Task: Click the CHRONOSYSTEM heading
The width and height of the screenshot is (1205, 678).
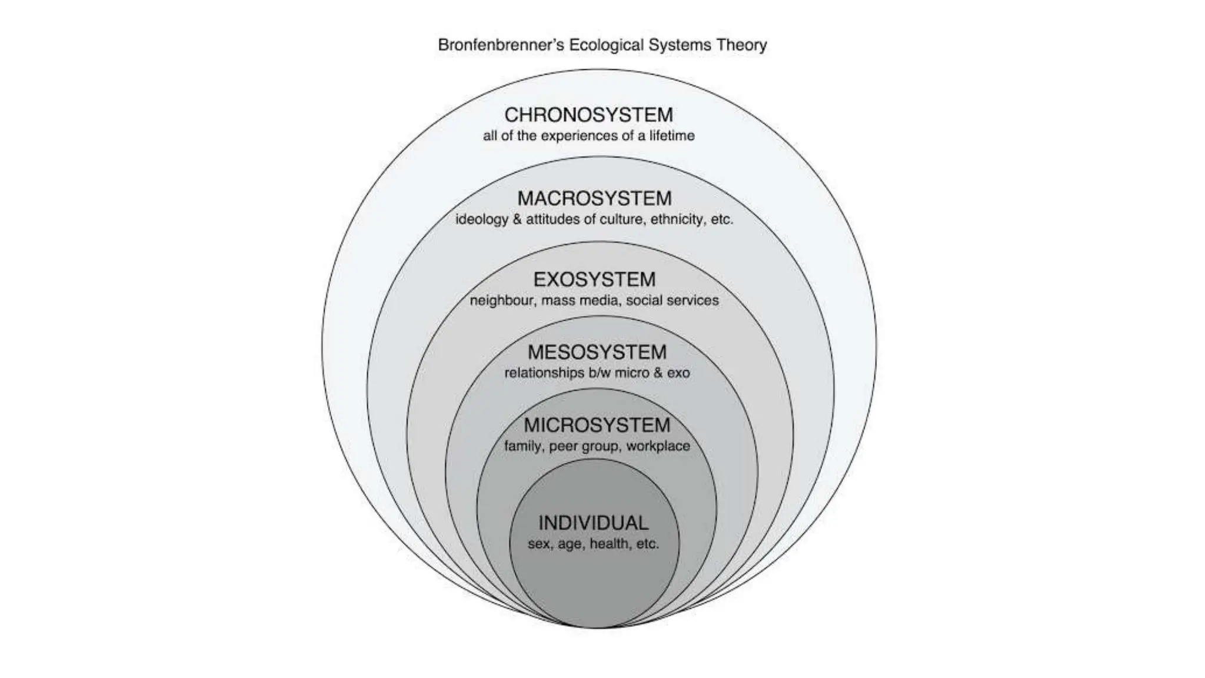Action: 588,114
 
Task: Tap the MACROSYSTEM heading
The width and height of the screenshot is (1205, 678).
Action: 594,198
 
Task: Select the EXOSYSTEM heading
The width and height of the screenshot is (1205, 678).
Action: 594,279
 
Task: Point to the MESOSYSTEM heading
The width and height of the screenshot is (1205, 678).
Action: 597,352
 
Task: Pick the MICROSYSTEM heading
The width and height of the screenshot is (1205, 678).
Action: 597,425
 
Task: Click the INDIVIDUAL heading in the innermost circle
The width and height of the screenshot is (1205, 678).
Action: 593,523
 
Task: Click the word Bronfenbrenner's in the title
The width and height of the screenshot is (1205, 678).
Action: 500,45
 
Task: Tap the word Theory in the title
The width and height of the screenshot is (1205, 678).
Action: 741,45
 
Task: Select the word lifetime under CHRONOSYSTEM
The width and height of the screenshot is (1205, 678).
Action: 672,136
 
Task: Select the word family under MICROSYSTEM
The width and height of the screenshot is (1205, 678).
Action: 522,446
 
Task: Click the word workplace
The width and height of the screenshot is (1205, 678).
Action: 658,446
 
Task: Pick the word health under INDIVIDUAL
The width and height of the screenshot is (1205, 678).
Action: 609,544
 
